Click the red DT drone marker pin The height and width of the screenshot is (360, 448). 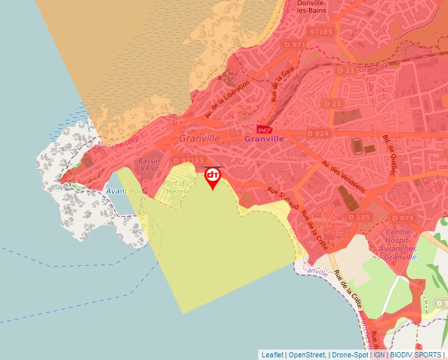[213, 177]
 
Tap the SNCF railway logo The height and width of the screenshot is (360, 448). [264, 130]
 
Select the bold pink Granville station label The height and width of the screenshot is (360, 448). [264, 139]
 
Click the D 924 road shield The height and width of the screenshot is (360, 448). [318, 133]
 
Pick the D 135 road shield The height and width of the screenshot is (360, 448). [359, 217]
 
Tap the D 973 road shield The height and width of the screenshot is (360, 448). [402, 218]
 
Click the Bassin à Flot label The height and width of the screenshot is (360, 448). [150, 165]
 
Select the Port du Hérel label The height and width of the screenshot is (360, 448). [176, 187]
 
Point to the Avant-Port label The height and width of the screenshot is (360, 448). [125, 191]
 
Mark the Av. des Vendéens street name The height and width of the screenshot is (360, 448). [344, 176]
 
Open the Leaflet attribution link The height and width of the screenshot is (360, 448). [272, 355]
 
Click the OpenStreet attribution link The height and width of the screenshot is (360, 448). [305, 355]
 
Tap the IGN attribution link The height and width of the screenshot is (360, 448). [379, 355]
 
